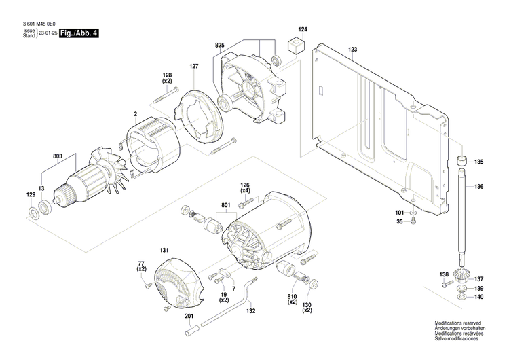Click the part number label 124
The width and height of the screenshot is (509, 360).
[303, 29]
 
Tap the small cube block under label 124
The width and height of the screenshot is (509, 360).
[295, 46]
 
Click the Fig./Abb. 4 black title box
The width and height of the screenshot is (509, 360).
[79, 33]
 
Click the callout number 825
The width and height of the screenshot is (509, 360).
[219, 45]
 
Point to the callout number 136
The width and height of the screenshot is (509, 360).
[479, 187]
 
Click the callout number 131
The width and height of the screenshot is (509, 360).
[163, 251]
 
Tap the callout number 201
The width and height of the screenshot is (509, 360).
[188, 317]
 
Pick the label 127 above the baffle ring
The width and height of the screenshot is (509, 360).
[194, 66]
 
